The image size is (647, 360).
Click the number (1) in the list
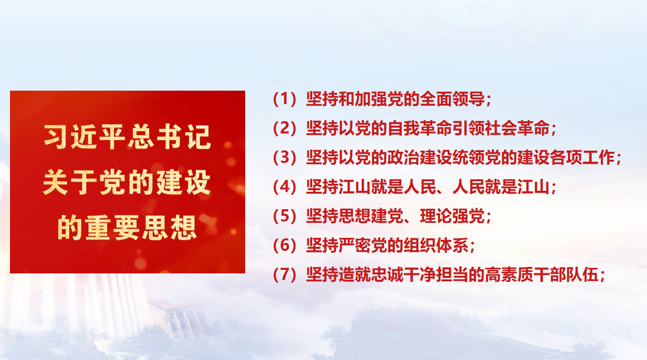point(285,99)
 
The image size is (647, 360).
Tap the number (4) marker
point(285,187)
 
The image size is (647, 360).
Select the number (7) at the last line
point(285,274)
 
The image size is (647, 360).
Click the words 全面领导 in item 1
point(452,99)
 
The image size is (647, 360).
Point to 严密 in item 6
point(354,245)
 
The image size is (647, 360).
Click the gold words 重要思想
point(141,228)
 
